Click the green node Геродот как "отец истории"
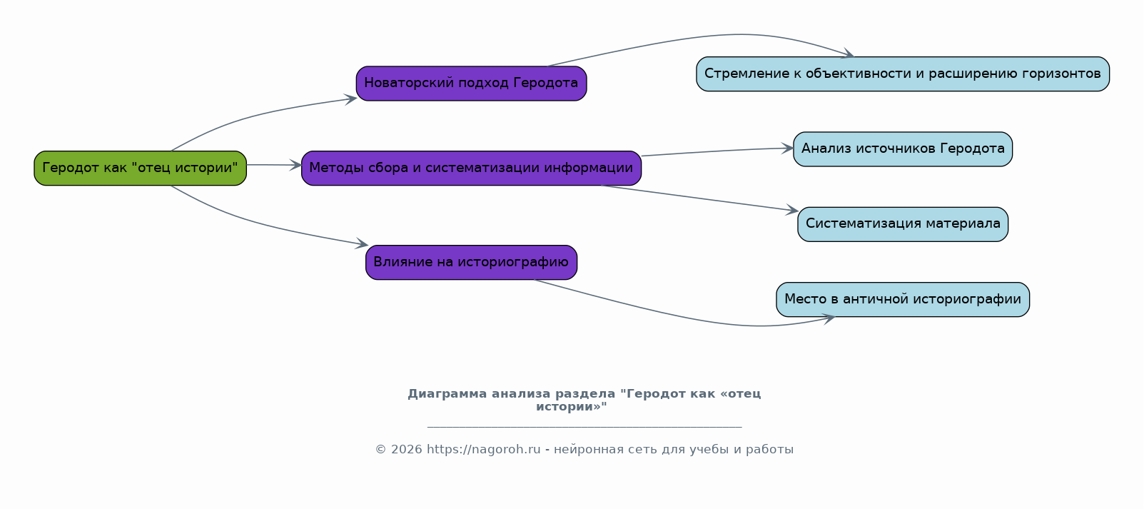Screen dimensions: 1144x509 pyautogui.click(x=141, y=168)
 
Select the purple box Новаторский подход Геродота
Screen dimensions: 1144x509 pyautogui.click(x=472, y=84)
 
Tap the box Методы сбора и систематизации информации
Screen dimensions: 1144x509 pyautogui.click(x=472, y=168)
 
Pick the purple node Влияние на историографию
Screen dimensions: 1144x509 pyautogui.click(x=472, y=262)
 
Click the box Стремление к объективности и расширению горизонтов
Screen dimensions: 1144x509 pyautogui.click(x=903, y=74)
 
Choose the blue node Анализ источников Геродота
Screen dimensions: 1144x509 pyautogui.click(x=903, y=149)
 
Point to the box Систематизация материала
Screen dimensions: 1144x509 pyautogui.click(x=903, y=224)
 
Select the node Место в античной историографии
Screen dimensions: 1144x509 pyautogui.click(x=903, y=299)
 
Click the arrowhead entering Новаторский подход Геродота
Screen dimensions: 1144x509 pyautogui.click(x=351, y=99)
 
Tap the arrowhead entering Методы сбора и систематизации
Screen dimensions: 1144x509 pyautogui.click(x=295, y=165)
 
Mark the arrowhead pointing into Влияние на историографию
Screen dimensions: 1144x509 pyautogui.click(x=362, y=244)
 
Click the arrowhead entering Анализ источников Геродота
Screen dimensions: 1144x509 pyautogui.click(x=787, y=148)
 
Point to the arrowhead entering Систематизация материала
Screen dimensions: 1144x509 pyautogui.click(x=792, y=210)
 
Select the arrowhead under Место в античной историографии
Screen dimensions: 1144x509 pyautogui.click(x=829, y=319)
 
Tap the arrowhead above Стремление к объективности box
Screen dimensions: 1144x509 pyautogui.click(x=848, y=54)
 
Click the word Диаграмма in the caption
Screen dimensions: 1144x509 pyautogui.click(x=447, y=394)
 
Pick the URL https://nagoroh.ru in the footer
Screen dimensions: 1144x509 pyautogui.click(x=484, y=450)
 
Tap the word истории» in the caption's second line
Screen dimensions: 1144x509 pyautogui.click(x=572, y=407)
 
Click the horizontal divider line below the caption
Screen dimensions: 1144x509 pyautogui.click(x=584, y=427)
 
